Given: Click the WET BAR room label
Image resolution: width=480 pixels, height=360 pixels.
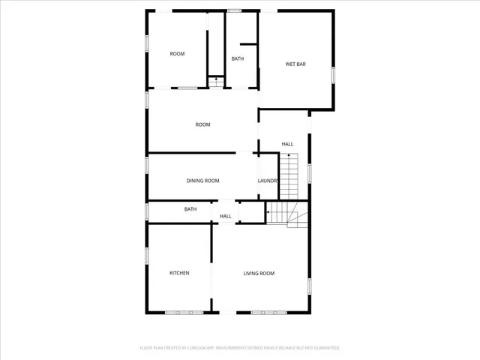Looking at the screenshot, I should click(x=295, y=64).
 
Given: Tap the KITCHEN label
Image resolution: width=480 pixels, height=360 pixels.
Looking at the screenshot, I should click(x=179, y=273).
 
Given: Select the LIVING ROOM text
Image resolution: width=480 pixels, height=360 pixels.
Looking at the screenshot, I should click(x=259, y=273).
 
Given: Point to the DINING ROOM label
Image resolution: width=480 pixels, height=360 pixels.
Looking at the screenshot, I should click(x=202, y=181).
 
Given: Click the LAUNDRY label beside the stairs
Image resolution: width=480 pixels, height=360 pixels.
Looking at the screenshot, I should click(x=268, y=181).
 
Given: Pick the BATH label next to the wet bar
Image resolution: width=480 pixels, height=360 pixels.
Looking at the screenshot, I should click(x=238, y=58).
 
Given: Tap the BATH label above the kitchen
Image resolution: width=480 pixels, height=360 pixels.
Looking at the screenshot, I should click(x=190, y=209).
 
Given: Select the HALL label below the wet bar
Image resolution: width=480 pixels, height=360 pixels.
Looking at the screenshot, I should click(x=287, y=143).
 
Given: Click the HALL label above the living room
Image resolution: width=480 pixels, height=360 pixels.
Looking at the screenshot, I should click(x=225, y=217).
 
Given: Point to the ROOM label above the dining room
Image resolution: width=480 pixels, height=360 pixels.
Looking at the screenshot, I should click(x=202, y=124).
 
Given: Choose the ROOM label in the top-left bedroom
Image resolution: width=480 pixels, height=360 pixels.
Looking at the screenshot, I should click(x=177, y=53).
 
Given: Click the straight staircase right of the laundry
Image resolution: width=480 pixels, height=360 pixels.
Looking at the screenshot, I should click(x=289, y=175).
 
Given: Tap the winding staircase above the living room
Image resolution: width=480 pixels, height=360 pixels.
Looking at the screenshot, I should click(x=284, y=212).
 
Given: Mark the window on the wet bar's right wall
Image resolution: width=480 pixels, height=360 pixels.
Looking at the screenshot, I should click(x=334, y=75).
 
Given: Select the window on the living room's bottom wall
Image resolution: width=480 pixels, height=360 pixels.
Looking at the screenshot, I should click(x=268, y=313).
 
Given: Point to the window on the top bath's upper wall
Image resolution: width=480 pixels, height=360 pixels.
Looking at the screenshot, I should click(x=235, y=10).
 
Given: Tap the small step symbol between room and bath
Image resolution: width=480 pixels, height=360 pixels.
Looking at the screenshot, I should click(x=216, y=82).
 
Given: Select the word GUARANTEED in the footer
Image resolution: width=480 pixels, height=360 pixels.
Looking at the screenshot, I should click(x=325, y=348).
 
